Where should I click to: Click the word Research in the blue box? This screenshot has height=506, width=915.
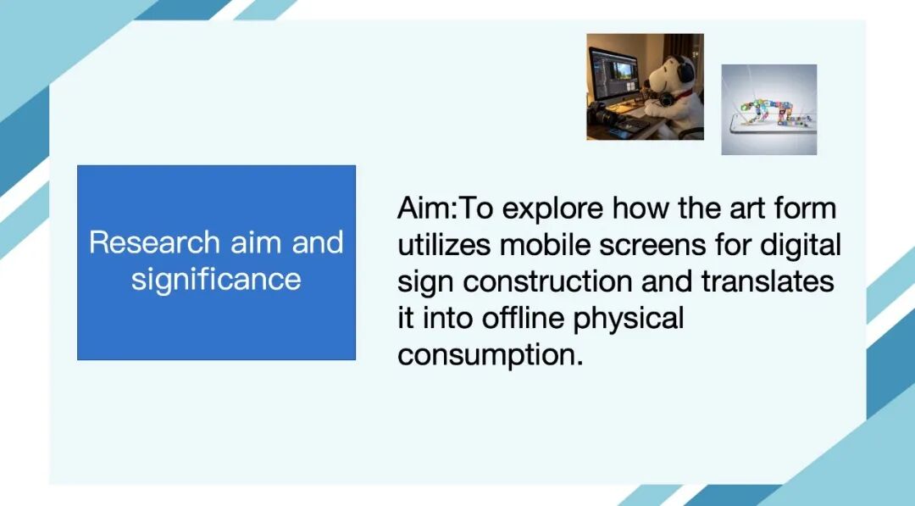click(x=155, y=242)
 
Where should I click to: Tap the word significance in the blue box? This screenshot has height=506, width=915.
click(x=216, y=280)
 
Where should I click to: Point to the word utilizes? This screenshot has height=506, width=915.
click(x=443, y=245)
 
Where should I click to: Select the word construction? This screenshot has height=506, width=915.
click(x=548, y=282)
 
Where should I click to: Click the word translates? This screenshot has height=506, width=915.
click(x=768, y=282)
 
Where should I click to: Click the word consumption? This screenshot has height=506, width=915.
click(x=491, y=356)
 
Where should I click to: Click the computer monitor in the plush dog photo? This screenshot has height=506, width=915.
click(x=613, y=74)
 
